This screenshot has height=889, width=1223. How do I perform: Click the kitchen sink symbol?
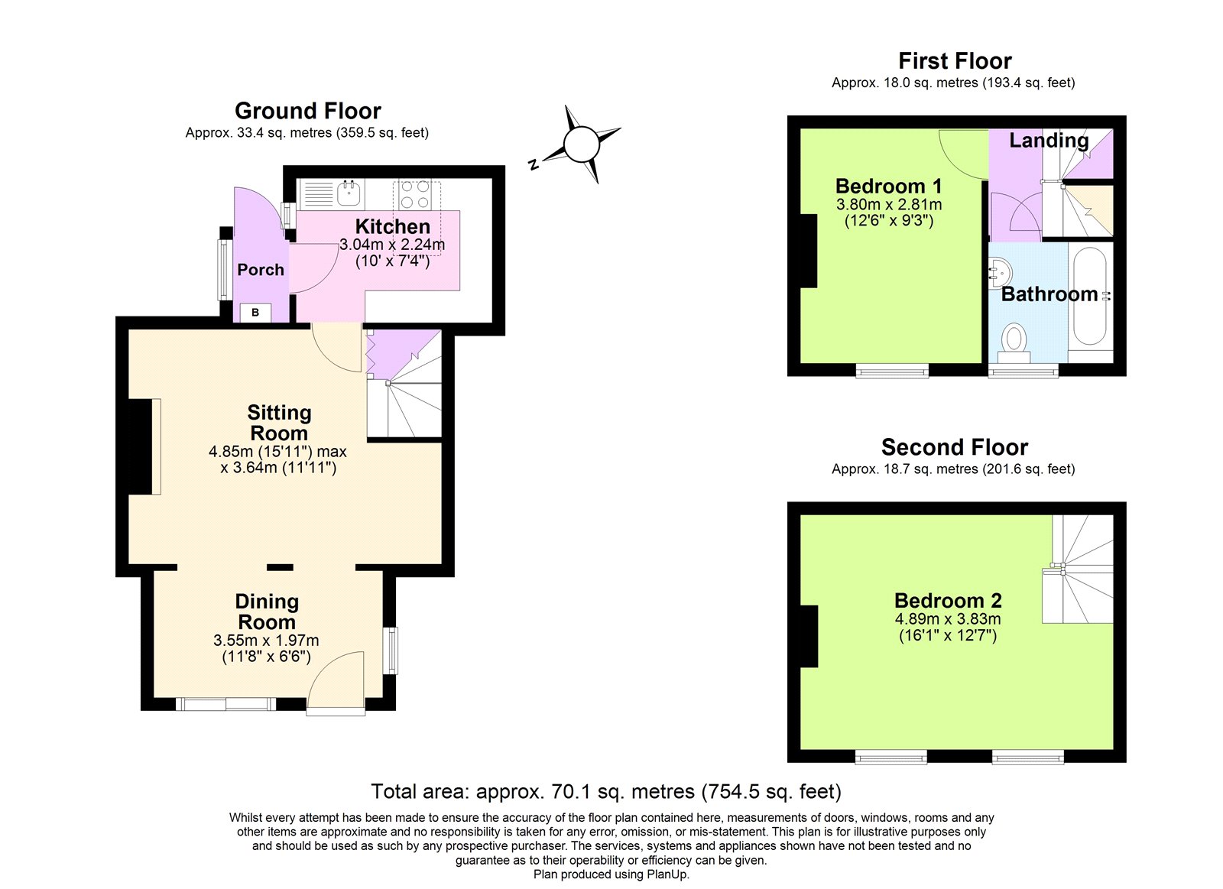[x=349, y=193]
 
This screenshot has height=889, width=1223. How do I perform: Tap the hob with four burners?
[x=415, y=194]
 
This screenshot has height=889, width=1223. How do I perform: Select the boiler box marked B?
[x=255, y=313]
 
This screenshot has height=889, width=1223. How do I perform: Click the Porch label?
[x=261, y=270]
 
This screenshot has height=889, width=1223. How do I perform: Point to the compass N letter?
[x=534, y=164]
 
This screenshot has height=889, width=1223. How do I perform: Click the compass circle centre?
[x=581, y=144]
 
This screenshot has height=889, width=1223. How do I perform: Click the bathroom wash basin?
[x=1001, y=271]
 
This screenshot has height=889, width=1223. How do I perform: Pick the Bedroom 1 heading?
[x=888, y=186]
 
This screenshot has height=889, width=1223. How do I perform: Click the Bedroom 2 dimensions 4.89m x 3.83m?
[x=948, y=619]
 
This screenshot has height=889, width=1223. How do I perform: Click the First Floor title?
[x=954, y=61]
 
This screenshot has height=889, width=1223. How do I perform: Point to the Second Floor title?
[x=954, y=447]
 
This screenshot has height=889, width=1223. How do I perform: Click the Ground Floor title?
[x=307, y=111]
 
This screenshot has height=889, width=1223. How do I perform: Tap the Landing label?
[x=1049, y=141]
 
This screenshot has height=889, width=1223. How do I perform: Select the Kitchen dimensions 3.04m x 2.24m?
[x=392, y=245]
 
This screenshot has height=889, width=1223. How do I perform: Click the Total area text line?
[x=605, y=791]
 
